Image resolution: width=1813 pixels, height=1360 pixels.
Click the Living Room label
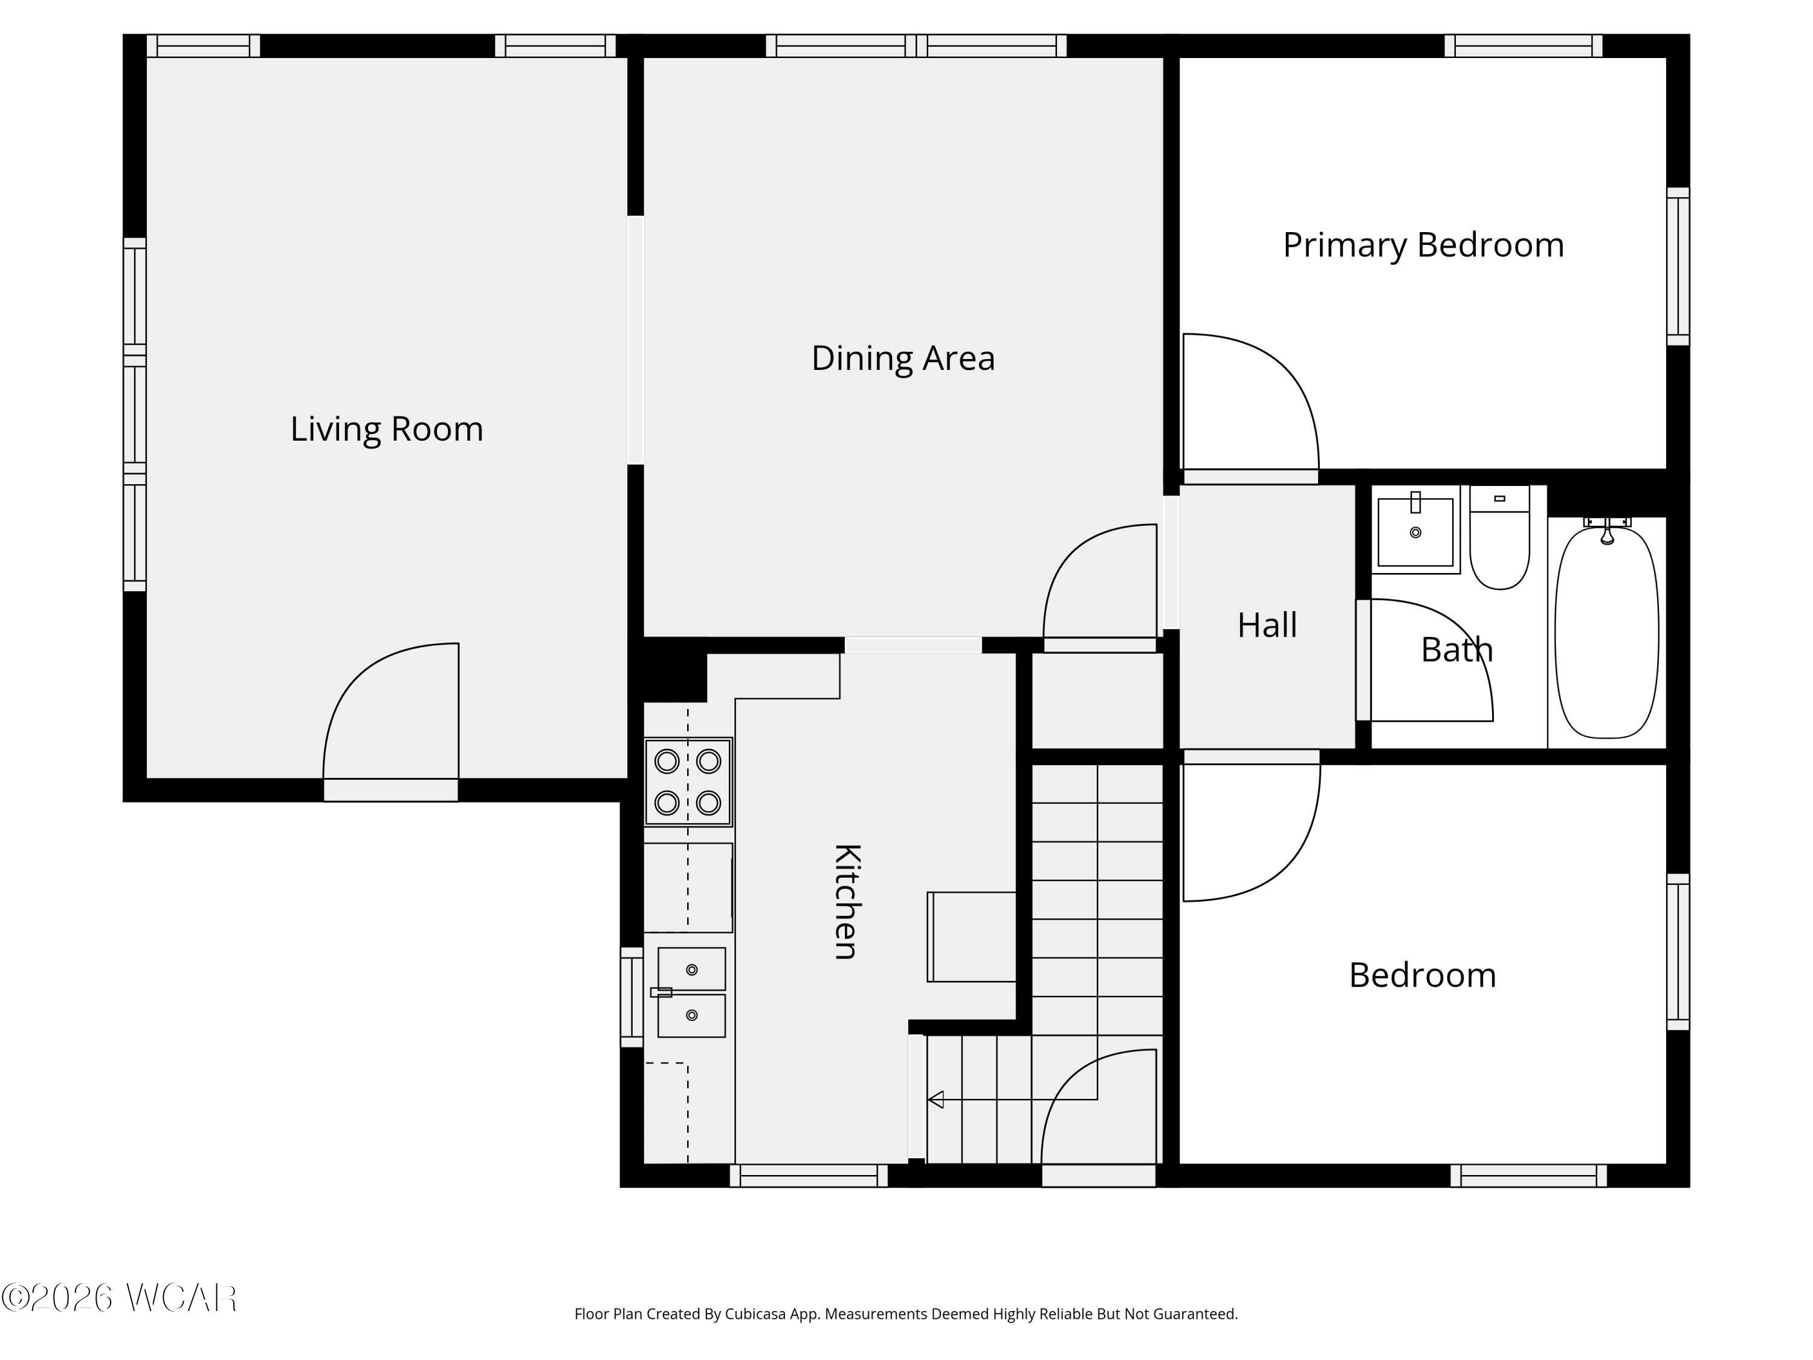(387, 429)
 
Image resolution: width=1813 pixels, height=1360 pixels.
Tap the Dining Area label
(903, 358)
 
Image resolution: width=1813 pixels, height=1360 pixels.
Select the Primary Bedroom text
(1424, 245)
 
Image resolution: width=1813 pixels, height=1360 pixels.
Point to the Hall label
(1267, 626)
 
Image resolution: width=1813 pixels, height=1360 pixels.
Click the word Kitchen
(847, 901)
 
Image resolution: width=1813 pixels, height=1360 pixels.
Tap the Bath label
(1456, 650)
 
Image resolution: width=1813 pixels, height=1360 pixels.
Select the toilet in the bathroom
(1500, 537)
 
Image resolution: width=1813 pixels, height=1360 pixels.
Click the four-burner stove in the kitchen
(688, 781)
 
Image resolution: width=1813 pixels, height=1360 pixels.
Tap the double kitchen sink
(691, 992)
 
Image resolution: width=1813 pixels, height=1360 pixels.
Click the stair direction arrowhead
(935, 1099)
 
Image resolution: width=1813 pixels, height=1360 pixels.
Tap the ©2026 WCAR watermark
(120, 1298)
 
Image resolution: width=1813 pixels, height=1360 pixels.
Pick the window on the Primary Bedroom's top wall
(1524, 46)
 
